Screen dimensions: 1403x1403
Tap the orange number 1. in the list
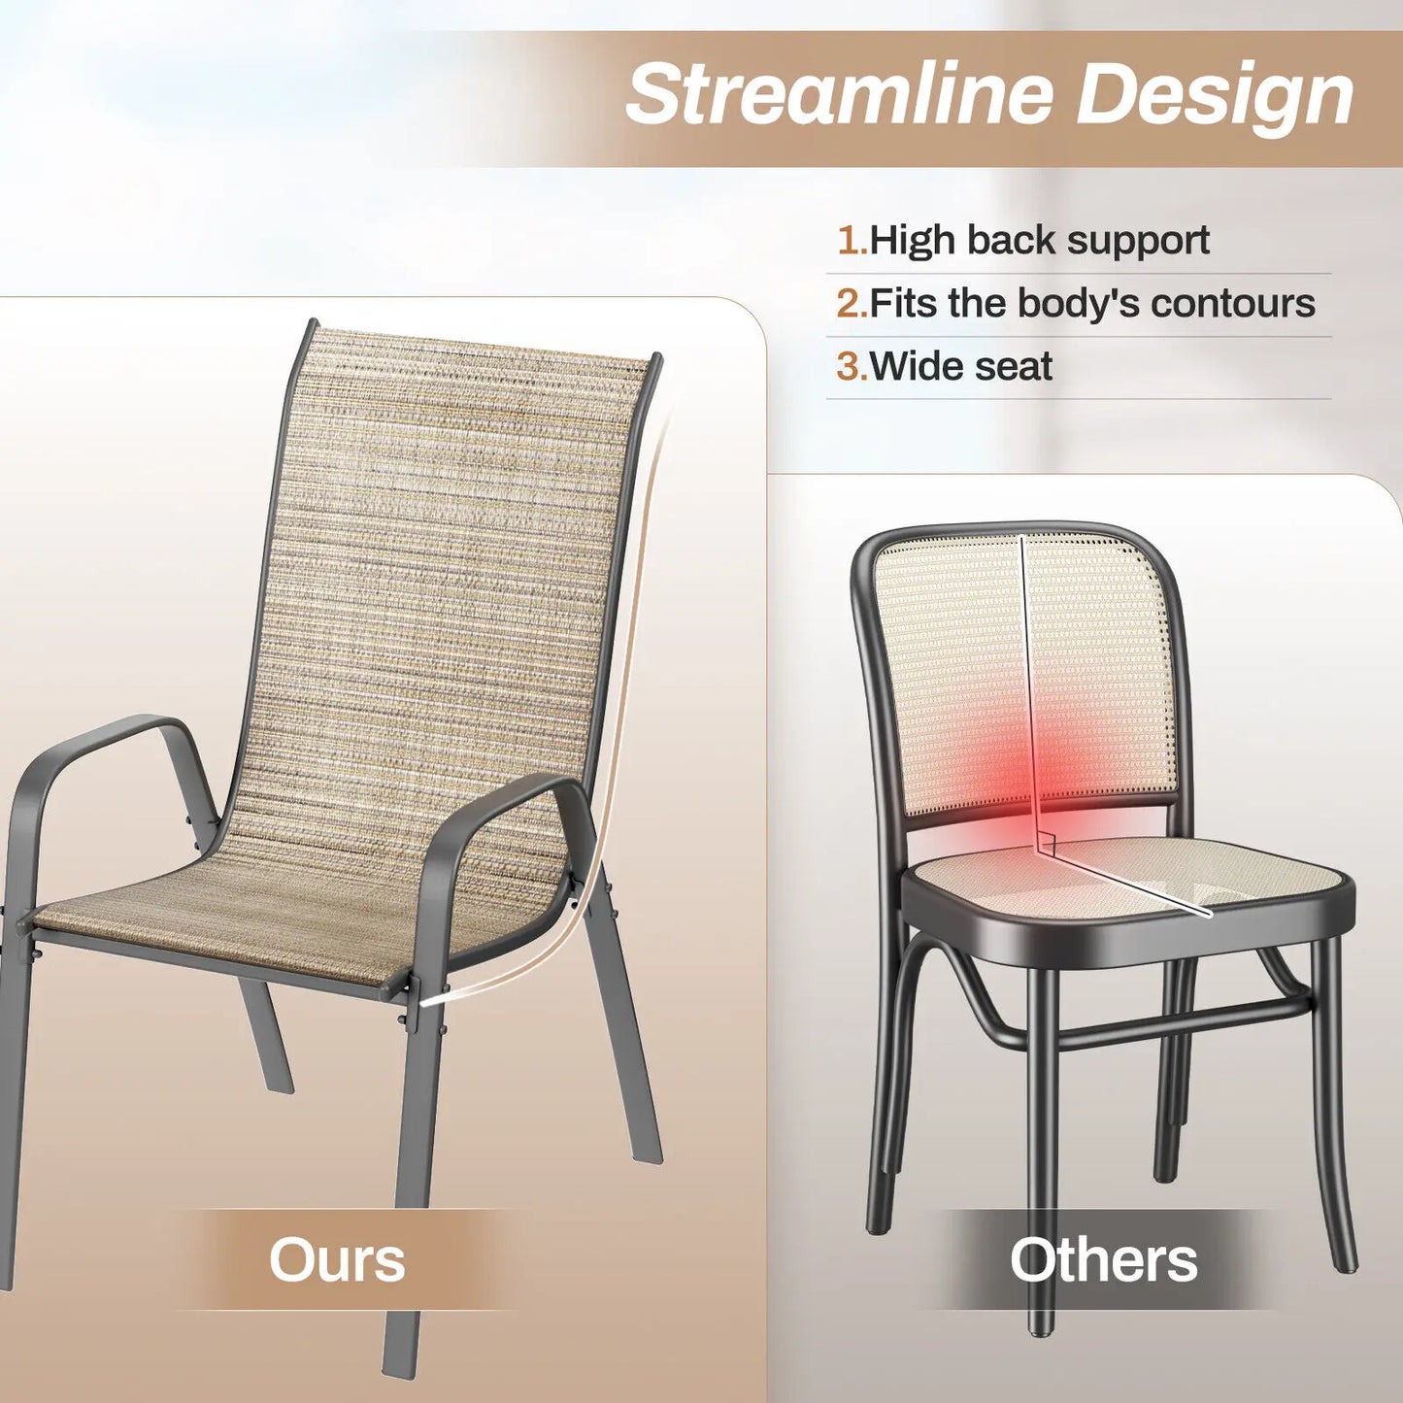coord(852,241)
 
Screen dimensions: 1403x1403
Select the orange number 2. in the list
coord(852,304)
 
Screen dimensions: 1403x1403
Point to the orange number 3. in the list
coord(852,367)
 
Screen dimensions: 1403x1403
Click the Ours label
coord(336,1260)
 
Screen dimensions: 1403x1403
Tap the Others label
coord(1103,1260)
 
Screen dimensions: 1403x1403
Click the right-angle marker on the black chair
coord(1046,843)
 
